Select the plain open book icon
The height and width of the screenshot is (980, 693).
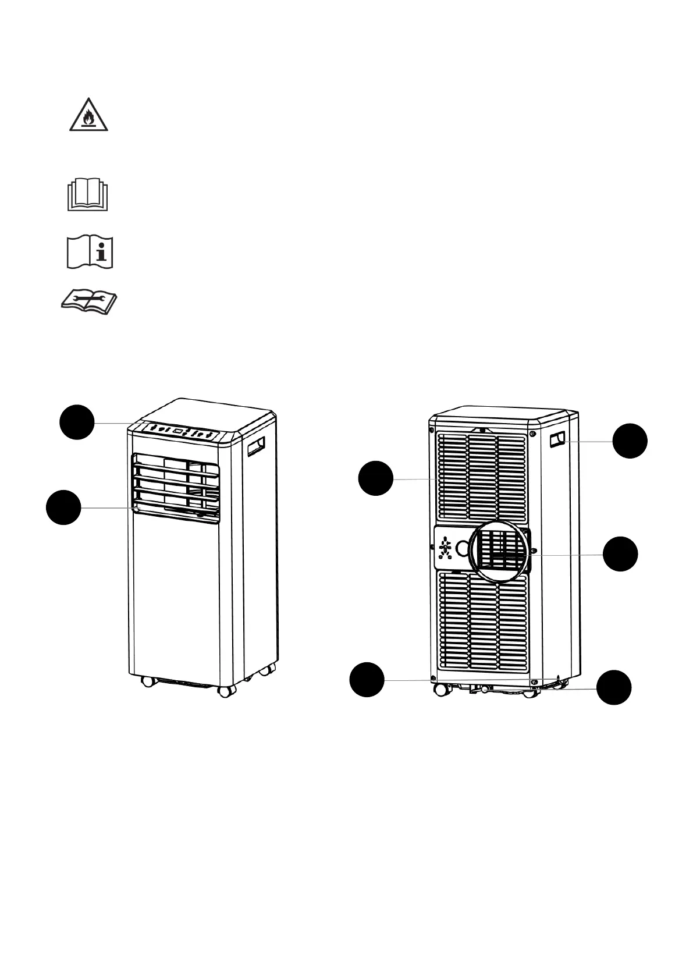[88, 195]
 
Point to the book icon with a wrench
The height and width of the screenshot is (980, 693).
[90, 302]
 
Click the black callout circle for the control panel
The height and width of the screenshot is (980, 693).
[77, 422]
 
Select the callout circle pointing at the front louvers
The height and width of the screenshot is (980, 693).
[63, 507]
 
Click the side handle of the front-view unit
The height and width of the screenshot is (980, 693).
[255, 446]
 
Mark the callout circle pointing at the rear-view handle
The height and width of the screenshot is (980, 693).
[630, 441]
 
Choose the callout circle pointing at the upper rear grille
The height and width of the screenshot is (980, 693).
[375, 478]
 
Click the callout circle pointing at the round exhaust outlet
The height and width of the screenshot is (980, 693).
[620, 554]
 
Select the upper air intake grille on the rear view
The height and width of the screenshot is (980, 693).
[482, 476]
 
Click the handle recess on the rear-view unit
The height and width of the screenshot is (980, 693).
[557, 439]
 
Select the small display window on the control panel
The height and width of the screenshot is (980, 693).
[179, 432]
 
